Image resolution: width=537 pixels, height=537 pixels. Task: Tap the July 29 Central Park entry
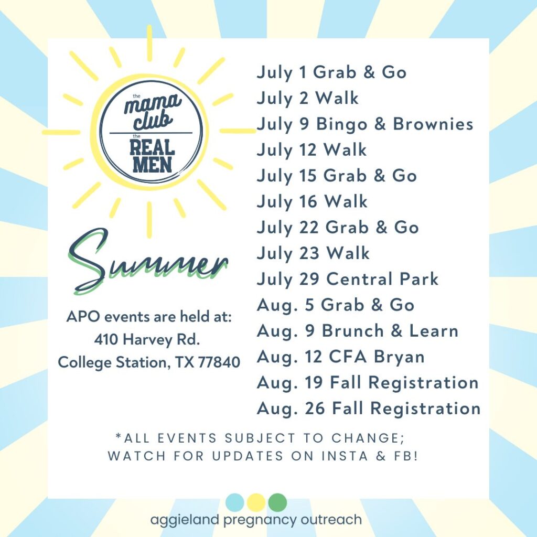348,280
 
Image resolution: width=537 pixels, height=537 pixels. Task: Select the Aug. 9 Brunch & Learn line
358,331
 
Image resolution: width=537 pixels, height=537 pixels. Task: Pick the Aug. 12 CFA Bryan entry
341,357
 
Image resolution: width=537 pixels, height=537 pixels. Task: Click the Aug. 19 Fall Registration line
368,383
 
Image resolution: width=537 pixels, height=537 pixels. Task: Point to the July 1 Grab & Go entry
331,72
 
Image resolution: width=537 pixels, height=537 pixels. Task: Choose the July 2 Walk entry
307,99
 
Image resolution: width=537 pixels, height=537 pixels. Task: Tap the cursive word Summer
148,262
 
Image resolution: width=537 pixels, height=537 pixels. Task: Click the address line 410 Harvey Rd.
147,339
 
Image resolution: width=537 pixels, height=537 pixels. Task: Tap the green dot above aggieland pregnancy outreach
277,503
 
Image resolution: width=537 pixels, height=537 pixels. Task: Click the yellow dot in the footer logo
256,503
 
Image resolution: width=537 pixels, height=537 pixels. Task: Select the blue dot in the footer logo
234,503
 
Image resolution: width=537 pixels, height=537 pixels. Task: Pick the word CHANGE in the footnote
368,438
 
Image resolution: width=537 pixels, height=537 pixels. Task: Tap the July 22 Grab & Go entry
338,228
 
